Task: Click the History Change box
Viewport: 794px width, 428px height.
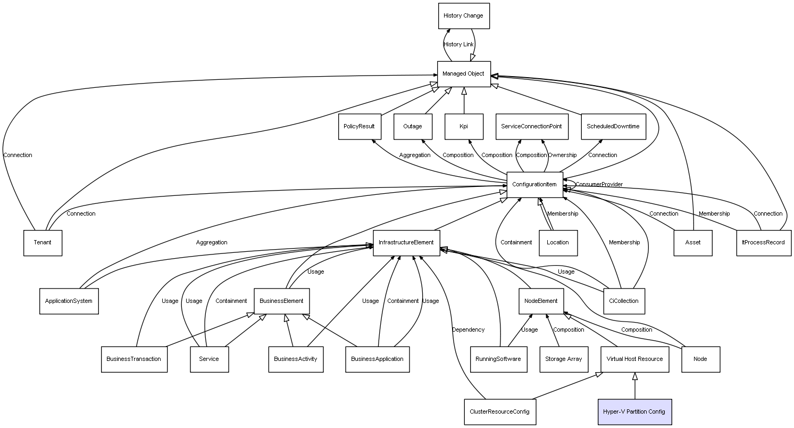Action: click(x=464, y=16)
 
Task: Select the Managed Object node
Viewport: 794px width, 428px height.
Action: click(x=464, y=74)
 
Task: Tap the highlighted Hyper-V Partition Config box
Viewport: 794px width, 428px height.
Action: click(x=634, y=411)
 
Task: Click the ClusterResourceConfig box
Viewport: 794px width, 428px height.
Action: click(x=500, y=411)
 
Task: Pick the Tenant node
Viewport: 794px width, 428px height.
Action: click(x=43, y=243)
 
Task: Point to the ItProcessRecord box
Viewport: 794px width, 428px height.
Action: click(x=764, y=243)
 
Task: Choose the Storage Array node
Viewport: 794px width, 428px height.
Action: click(x=564, y=359)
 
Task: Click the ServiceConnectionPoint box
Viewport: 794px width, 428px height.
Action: click(x=532, y=126)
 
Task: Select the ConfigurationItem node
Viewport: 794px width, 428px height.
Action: click(x=534, y=185)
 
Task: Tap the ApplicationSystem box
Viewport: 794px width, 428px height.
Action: click(x=69, y=301)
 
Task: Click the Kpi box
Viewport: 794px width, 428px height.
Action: click(x=464, y=126)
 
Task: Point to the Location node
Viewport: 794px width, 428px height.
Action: click(x=558, y=243)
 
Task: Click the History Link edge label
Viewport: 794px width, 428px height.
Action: click(x=458, y=44)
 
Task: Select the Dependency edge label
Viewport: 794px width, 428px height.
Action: click(x=468, y=330)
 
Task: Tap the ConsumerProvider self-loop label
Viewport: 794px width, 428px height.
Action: click(x=599, y=185)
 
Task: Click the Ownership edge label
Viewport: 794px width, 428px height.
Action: click(x=562, y=155)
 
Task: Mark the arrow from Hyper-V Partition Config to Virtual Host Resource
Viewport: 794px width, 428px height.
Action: click(x=634, y=386)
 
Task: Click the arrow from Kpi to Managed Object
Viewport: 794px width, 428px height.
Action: click(x=464, y=101)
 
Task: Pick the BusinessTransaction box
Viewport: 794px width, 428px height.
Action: click(x=134, y=359)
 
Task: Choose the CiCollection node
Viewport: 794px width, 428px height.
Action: click(x=624, y=301)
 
